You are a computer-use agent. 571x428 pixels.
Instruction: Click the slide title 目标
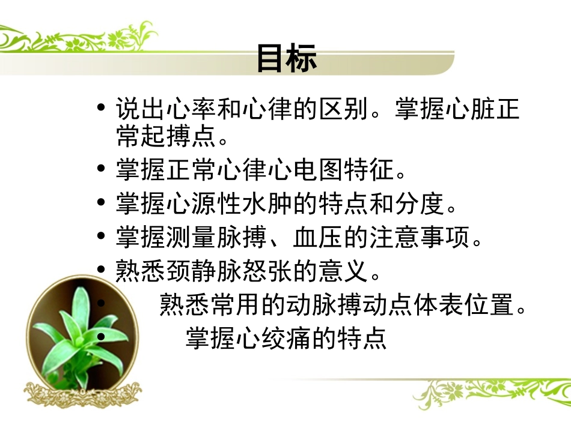pyautogui.click(x=286, y=58)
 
